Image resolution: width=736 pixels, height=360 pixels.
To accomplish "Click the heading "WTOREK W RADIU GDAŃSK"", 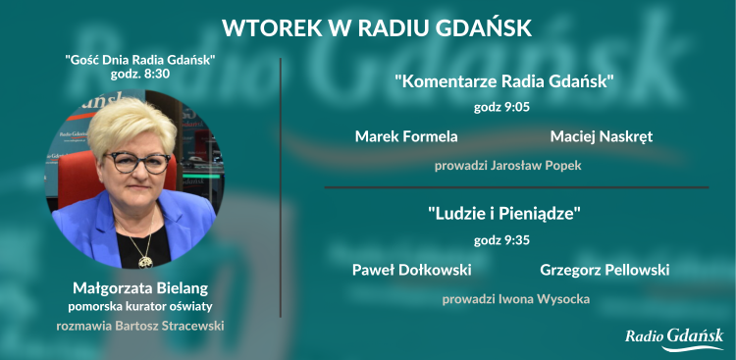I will click(377, 27).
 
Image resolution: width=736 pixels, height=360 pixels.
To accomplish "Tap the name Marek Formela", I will click(406, 136).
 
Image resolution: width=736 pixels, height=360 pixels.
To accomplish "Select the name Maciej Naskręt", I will click(602, 136).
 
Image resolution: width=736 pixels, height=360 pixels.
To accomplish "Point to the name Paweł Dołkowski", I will click(411, 269).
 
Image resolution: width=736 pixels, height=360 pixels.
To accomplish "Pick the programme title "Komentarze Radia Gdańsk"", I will click(505, 81).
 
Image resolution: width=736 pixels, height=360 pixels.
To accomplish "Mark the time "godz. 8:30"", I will click(140, 75).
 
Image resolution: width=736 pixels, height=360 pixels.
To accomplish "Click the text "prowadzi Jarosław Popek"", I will click(508, 166).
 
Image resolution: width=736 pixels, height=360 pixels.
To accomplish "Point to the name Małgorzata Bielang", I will click(140, 288).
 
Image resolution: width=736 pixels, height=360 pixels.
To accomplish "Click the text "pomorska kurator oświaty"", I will click(140, 306).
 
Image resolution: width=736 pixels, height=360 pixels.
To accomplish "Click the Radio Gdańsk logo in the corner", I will click(674, 337).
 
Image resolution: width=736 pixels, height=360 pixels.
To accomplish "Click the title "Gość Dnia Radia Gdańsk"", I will click(140, 60).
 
